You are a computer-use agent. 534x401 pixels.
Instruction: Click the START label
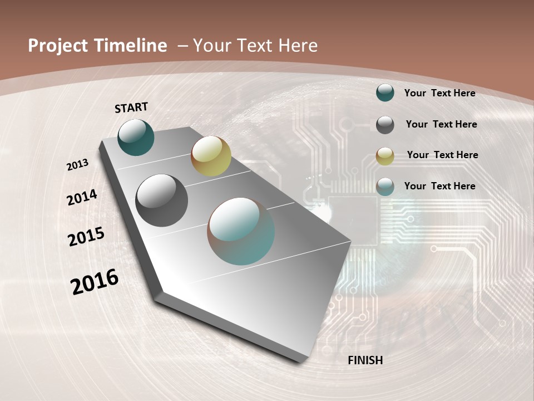[x=131, y=107]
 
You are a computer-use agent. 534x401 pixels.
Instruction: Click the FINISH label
[x=365, y=360]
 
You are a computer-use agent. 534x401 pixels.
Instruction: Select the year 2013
[x=78, y=164]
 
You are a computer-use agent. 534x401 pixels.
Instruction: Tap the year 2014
[x=82, y=197]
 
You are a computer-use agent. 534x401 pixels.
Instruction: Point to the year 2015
[x=86, y=236]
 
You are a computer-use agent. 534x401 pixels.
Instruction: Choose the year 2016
[x=95, y=281]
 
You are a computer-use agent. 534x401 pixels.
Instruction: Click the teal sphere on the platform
[x=136, y=137]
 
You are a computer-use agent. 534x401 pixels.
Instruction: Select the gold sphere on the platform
[x=211, y=156]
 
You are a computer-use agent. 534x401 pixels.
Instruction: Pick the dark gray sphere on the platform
[x=162, y=200]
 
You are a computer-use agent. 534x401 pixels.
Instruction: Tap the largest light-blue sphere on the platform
[x=241, y=231]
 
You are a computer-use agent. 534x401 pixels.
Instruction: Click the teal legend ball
[x=385, y=93]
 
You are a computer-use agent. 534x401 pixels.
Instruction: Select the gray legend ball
[x=385, y=125]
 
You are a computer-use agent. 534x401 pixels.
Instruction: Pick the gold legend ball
[x=385, y=156]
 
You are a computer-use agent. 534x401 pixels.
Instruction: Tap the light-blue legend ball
[x=385, y=187]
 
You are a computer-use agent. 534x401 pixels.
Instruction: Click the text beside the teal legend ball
[x=439, y=93]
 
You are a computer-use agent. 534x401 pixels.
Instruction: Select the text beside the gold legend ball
[x=442, y=155]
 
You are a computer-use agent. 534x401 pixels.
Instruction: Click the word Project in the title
[x=58, y=46]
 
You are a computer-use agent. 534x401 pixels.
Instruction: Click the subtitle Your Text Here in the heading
[x=255, y=46]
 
